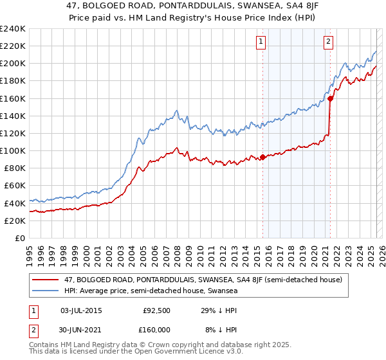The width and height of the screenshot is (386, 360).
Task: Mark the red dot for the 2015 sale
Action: tap(262, 157)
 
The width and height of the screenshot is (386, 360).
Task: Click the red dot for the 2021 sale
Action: tap(330, 98)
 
